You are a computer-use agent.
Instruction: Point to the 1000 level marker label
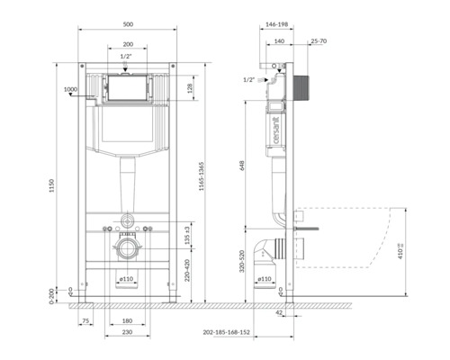point(71,89)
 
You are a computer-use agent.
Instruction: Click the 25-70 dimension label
point(317,41)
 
